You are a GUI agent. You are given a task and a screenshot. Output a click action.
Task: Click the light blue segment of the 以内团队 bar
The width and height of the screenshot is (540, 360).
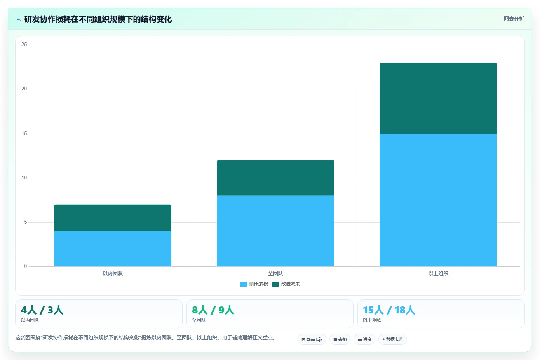(113, 249)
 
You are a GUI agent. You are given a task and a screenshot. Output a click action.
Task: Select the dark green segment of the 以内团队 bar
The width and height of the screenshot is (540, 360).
(113, 218)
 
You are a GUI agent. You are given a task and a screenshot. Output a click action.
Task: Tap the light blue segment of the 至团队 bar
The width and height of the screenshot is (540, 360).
(275, 231)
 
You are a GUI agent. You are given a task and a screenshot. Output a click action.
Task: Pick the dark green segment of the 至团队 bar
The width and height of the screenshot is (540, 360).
(275, 178)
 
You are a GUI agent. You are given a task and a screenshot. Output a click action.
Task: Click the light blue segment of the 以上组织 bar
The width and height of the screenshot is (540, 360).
(438, 200)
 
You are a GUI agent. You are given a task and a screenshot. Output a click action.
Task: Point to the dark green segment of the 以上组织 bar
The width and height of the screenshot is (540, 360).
(438, 98)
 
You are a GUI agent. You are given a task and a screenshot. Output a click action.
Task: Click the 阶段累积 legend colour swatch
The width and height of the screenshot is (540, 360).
(244, 284)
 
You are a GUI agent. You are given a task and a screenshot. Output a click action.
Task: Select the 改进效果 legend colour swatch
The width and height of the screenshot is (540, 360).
(275, 284)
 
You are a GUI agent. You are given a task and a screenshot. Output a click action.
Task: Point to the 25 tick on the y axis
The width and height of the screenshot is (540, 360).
(24, 44)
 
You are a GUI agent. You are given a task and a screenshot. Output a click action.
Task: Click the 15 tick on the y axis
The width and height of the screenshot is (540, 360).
(24, 133)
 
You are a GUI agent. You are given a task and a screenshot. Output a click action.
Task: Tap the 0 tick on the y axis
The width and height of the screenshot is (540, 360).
(26, 266)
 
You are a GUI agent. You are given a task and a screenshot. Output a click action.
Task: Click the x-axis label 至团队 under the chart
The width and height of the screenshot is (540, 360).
(275, 273)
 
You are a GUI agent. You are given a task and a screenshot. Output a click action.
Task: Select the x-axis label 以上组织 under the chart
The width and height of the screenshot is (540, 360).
(438, 273)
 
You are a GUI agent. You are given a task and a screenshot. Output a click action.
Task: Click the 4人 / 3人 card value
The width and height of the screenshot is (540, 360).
(42, 310)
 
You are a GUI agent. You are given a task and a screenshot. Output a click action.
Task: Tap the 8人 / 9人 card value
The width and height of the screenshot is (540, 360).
(213, 310)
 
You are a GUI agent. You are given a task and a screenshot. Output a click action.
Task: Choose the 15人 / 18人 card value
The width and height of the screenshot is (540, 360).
(389, 310)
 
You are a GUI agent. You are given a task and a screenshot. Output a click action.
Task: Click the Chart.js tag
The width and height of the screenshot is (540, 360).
(312, 339)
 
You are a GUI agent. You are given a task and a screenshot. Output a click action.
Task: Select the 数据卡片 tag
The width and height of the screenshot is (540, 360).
(393, 339)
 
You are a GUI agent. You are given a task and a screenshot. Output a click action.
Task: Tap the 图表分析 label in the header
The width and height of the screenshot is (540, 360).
(514, 19)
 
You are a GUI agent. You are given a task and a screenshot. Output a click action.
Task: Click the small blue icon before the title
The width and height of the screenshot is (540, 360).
(19, 19)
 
